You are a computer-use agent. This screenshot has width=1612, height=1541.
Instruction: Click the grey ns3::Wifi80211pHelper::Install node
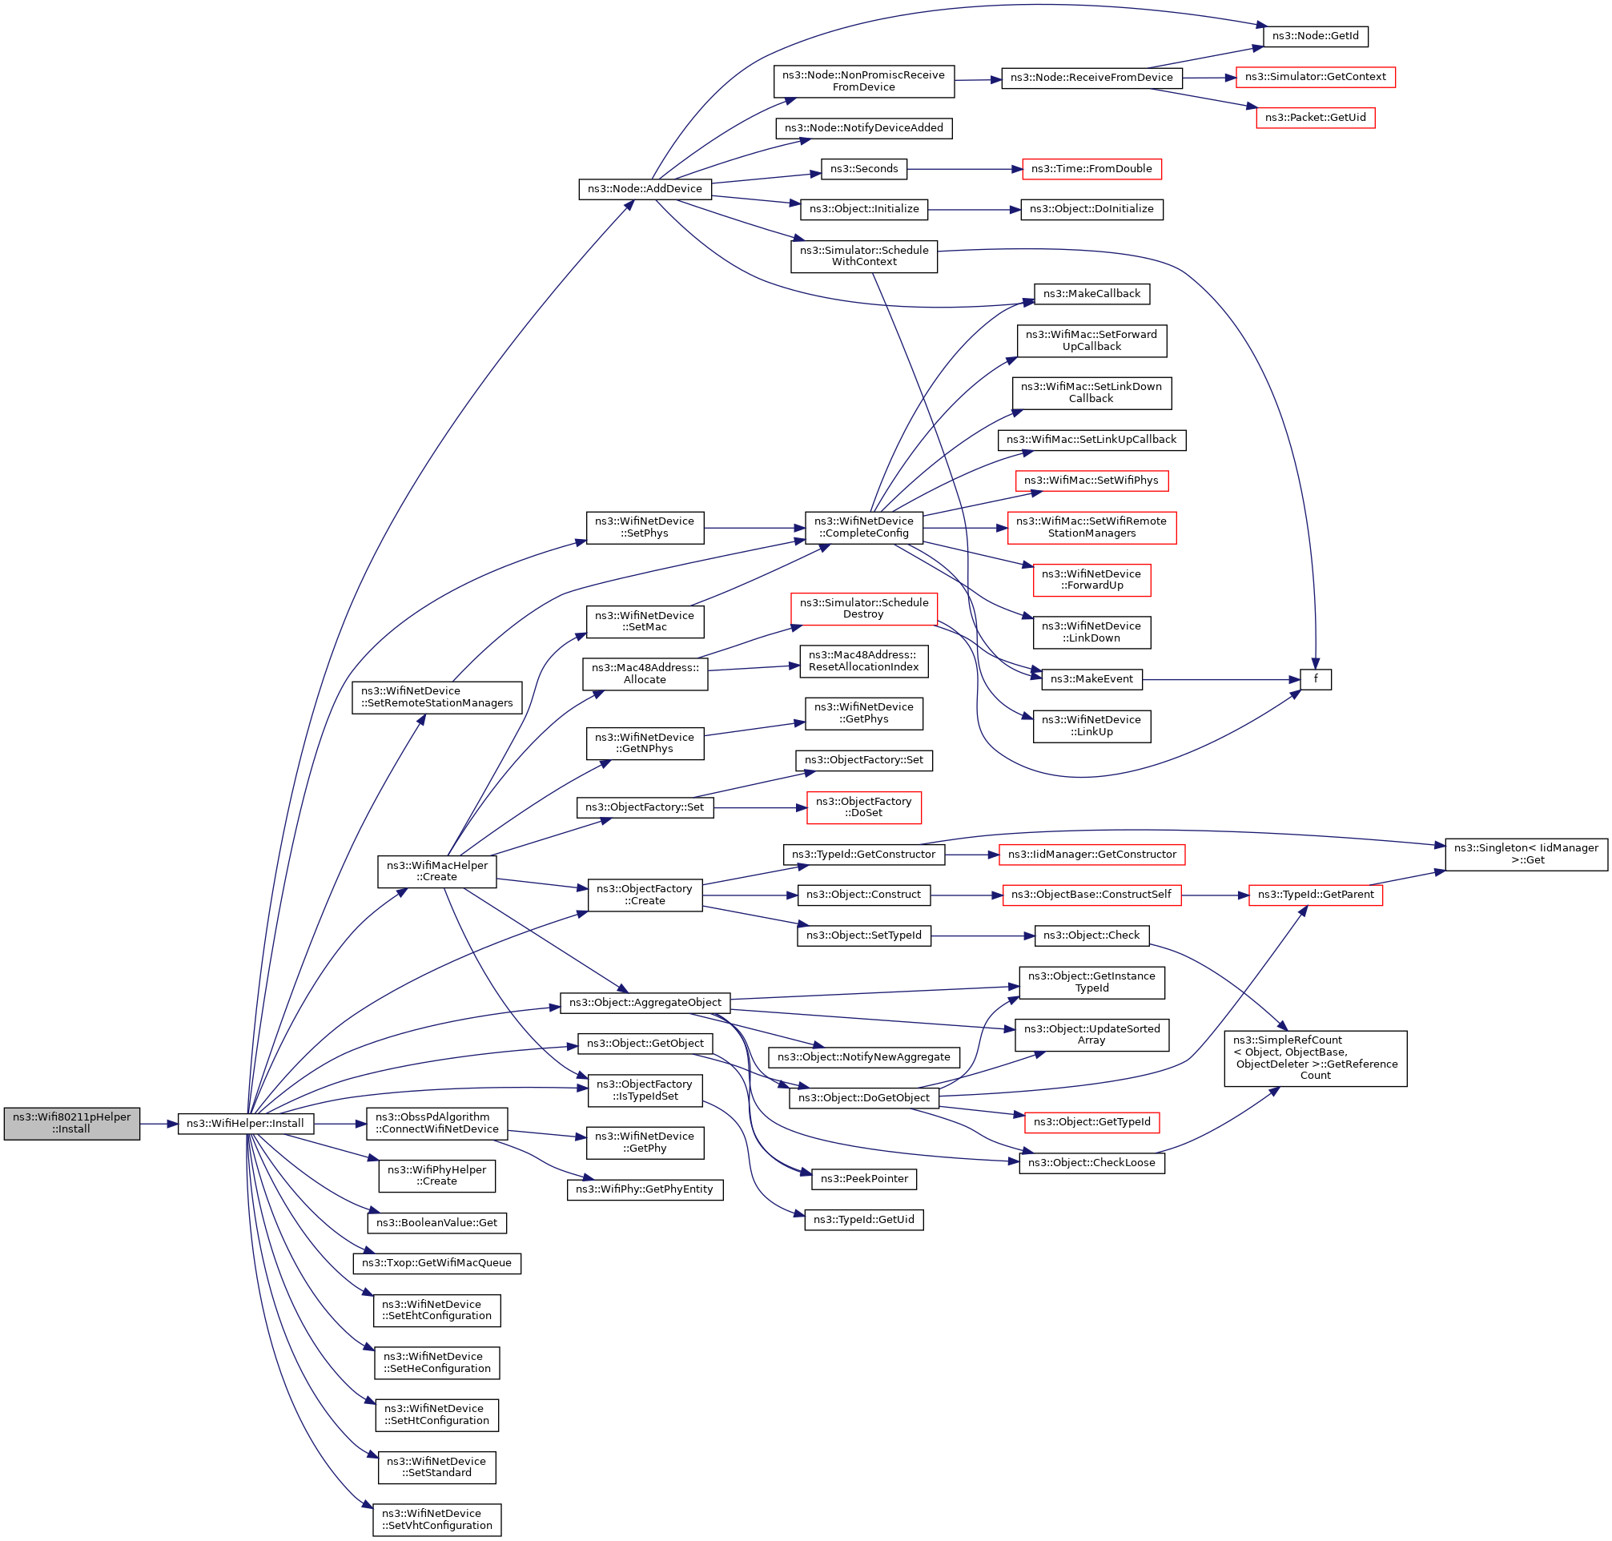tap(71, 1123)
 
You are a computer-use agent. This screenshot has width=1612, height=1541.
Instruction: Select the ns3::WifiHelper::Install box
tap(245, 1123)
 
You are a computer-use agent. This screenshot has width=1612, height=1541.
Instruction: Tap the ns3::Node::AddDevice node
tap(645, 189)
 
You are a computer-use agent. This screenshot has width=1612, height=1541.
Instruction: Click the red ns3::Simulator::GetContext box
tap(1315, 77)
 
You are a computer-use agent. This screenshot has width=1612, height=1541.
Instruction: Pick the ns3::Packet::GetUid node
tap(1315, 118)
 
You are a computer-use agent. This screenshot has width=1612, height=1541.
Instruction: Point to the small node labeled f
tap(1315, 679)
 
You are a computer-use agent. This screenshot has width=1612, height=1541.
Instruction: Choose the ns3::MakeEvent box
tap(1091, 679)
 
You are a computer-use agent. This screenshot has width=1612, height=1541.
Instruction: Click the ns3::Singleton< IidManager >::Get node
tap(1526, 855)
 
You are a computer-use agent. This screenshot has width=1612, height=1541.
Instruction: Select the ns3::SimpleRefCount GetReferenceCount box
tap(1315, 1058)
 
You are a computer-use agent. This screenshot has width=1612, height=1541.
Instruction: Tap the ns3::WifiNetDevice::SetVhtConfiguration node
tap(437, 1519)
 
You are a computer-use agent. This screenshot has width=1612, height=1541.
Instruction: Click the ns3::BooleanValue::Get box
tap(437, 1222)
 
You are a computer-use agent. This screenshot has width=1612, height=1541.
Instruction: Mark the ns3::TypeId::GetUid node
tap(863, 1220)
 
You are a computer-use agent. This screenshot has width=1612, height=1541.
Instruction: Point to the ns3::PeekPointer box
tap(863, 1179)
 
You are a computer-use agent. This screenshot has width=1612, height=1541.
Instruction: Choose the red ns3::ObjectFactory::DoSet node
tap(863, 807)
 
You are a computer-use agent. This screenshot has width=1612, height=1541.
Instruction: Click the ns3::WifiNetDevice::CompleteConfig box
tap(863, 527)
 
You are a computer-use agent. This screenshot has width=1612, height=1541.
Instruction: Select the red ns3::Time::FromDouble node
tap(1091, 169)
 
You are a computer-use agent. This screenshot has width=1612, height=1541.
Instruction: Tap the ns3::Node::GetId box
tap(1315, 36)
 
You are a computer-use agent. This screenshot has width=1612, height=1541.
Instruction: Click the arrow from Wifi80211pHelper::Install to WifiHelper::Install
tap(159, 1123)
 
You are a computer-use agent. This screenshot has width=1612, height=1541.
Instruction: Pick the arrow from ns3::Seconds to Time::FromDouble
tap(964, 169)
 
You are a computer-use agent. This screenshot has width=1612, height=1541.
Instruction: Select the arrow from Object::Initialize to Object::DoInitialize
tap(974, 210)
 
